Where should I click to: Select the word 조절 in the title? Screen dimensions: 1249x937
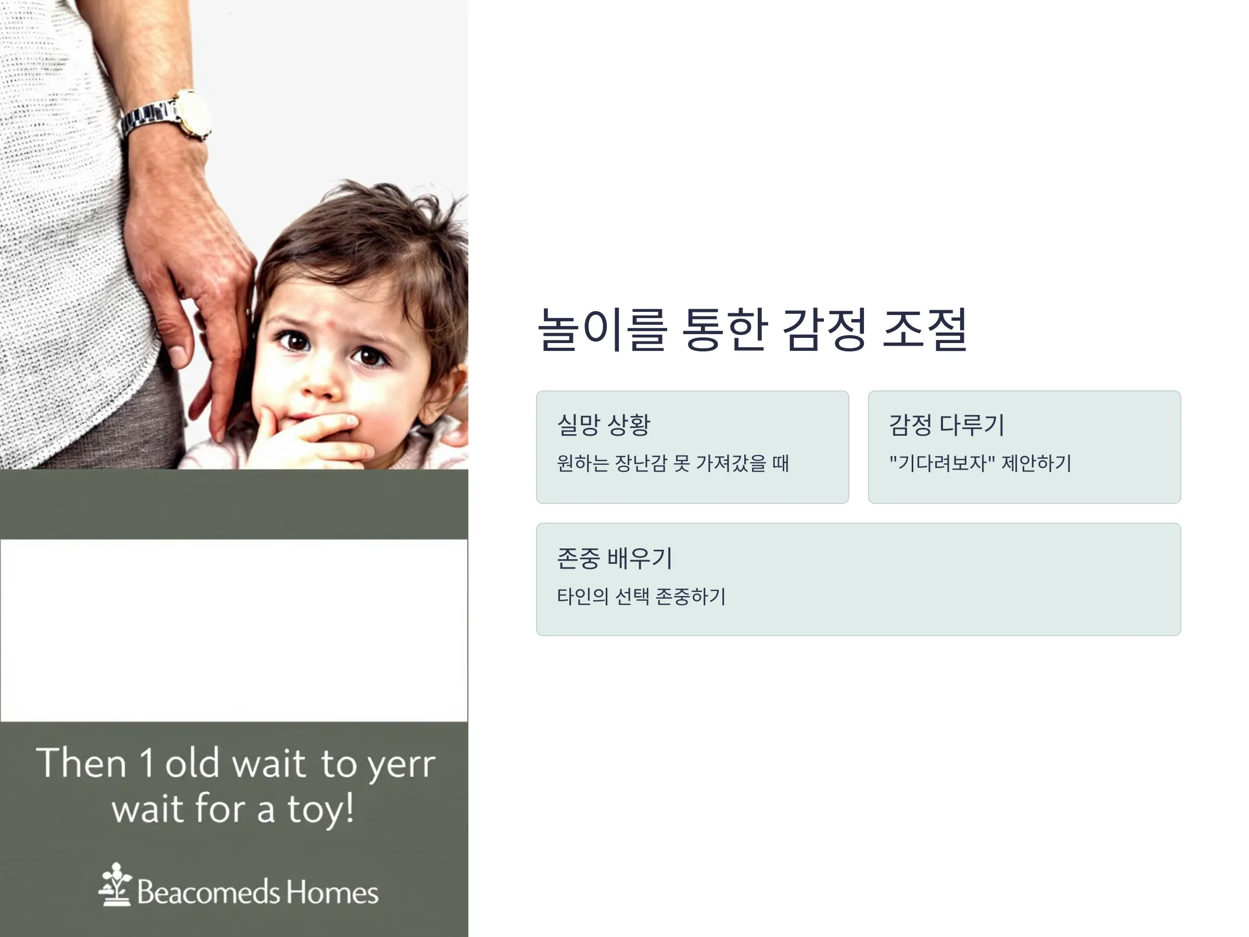(925, 330)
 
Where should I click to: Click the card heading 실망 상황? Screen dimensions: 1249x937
(604, 425)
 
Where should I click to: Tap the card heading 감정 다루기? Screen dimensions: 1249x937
(947, 425)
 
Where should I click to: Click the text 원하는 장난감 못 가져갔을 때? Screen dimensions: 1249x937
(672, 463)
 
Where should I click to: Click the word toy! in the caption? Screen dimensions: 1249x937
(321, 809)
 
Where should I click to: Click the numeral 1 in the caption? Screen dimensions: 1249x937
(146, 762)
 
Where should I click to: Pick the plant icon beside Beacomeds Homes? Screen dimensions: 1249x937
(116, 884)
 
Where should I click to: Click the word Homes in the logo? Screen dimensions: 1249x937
(332, 892)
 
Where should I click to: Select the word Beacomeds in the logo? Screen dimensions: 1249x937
(208, 892)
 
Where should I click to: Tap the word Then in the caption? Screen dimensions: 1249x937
(81, 762)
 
